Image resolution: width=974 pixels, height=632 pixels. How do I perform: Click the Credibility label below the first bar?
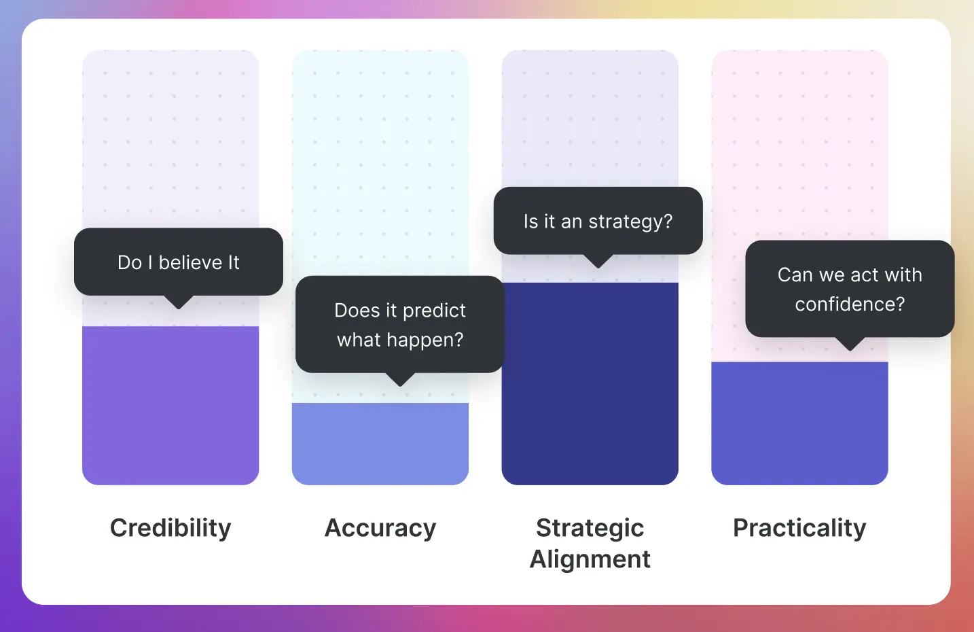point(170,528)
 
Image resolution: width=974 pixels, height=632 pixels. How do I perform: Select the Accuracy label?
point(380,528)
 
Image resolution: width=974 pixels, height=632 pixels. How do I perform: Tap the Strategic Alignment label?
point(590,543)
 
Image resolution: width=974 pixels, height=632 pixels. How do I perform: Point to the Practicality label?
point(799,528)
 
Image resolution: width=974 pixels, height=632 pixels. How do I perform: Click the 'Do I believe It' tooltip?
point(179,262)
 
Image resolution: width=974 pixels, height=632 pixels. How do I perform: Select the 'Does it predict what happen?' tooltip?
point(400,324)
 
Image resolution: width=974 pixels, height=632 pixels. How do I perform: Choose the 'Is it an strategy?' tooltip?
point(598,222)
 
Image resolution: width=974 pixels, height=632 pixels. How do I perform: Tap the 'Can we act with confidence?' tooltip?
point(850,289)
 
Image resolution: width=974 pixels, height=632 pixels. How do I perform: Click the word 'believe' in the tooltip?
point(190,262)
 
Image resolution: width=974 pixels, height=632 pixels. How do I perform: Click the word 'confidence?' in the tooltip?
point(850,304)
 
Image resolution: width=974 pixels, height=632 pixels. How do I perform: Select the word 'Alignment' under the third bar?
point(590,559)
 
